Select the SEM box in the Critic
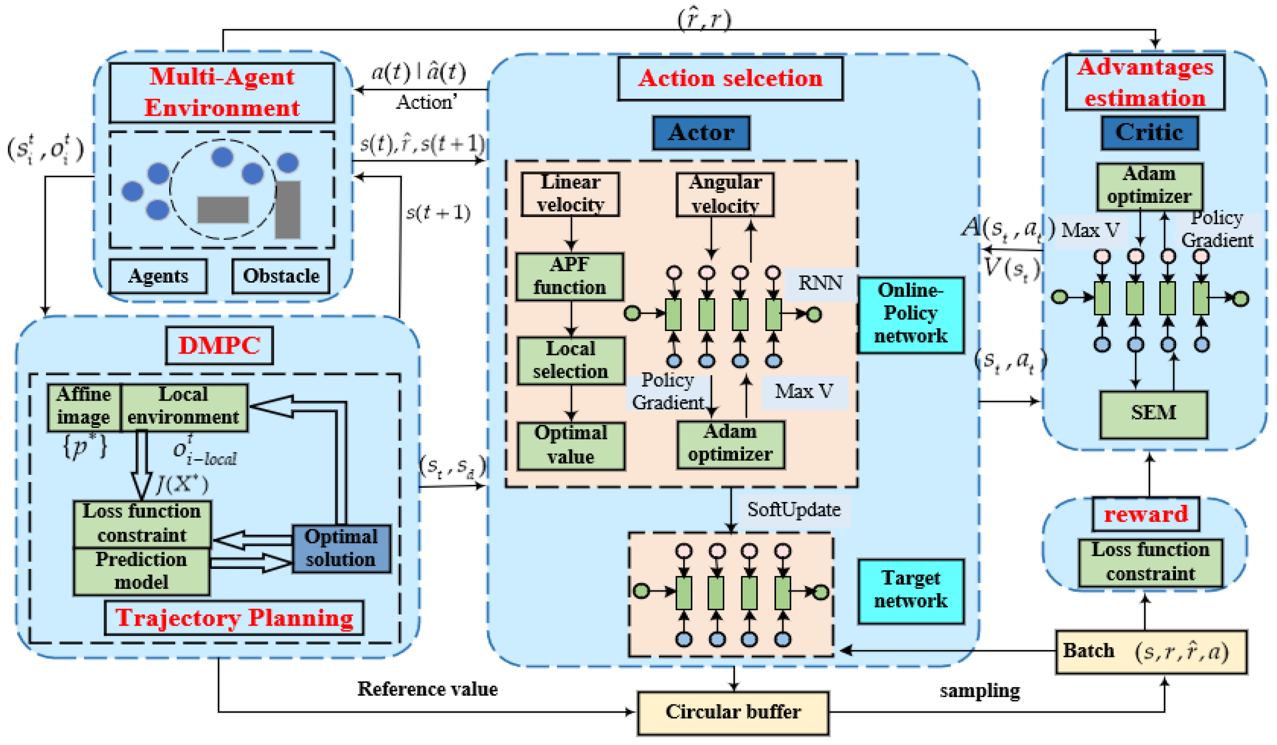tap(1153, 414)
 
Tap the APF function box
tap(570, 277)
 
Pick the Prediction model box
tap(142, 571)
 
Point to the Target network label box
tap(910, 591)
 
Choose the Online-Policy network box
tap(910, 314)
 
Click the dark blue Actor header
tap(701, 133)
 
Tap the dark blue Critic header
tap(1149, 133)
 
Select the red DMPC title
tap(219, 346)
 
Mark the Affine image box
tap(84, 407)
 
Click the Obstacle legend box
tap(281, 276)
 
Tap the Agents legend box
tap(158, 276)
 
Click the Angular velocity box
tap(725, 195)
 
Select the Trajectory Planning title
tap(234, 618)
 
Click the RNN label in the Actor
tap(820, 284)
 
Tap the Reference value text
tap(427, 689)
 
